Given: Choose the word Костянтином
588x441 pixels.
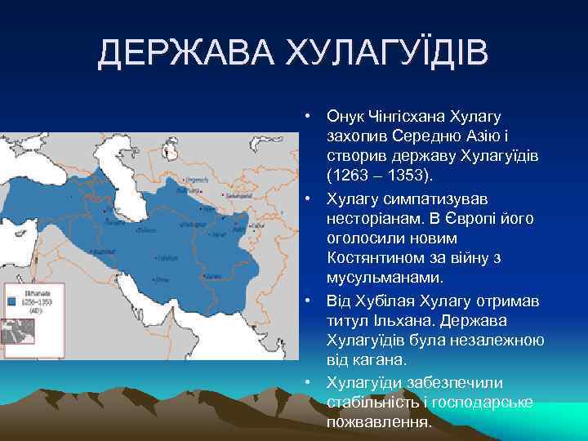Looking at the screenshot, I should tap(379, 259).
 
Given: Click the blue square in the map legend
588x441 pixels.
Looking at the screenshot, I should tap(11, 301).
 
